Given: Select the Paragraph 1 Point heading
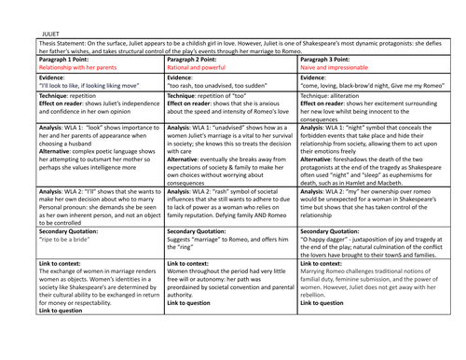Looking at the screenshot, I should (x=61, y=60).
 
